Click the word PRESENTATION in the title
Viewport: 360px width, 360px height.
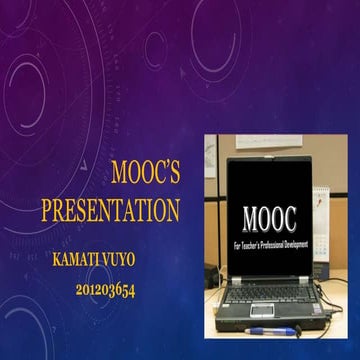[x=111, y=211]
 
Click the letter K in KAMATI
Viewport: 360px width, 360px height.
[x=56, y=258]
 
